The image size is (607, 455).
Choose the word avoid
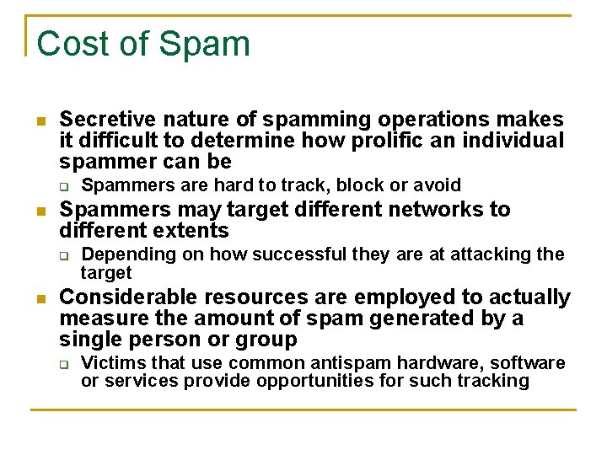(438, 185)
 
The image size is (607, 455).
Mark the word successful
(291, 254)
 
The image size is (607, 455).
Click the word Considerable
(121, 297)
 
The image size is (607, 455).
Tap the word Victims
(110, 363)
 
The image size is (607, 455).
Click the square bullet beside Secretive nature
(41, 121)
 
